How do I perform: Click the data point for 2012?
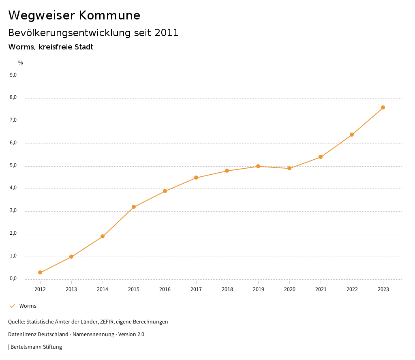pyautogui.click(x=40, y=272)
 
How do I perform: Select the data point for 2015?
pyautogui.click(x=134, y=207)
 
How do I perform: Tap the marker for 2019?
pyautogui.click(x=258, y=166)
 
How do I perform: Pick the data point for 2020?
pyautogui.click(x=289, y=168)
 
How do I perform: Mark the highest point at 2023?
pyautogui.click(x=383, y=107)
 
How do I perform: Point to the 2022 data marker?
pyautogui.click(x=352, y=135)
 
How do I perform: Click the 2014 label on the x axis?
pyautogui.click(x=103, y=289)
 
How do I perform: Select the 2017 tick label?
pyautogui.click(x=196, y=289)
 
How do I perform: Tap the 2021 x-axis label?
pyautogui.click(x=321, y=289)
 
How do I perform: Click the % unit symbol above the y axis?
pyautogui.click(x=21, y=62)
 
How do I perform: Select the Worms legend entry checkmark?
pyautogui.click(x=12, y=306)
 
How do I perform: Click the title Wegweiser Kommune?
pyautogui.click(x=74, y=15)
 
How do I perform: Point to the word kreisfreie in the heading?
pyautogui.click(x=56, y=47)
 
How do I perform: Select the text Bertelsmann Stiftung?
pyautogui.click(x=36, y=347)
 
